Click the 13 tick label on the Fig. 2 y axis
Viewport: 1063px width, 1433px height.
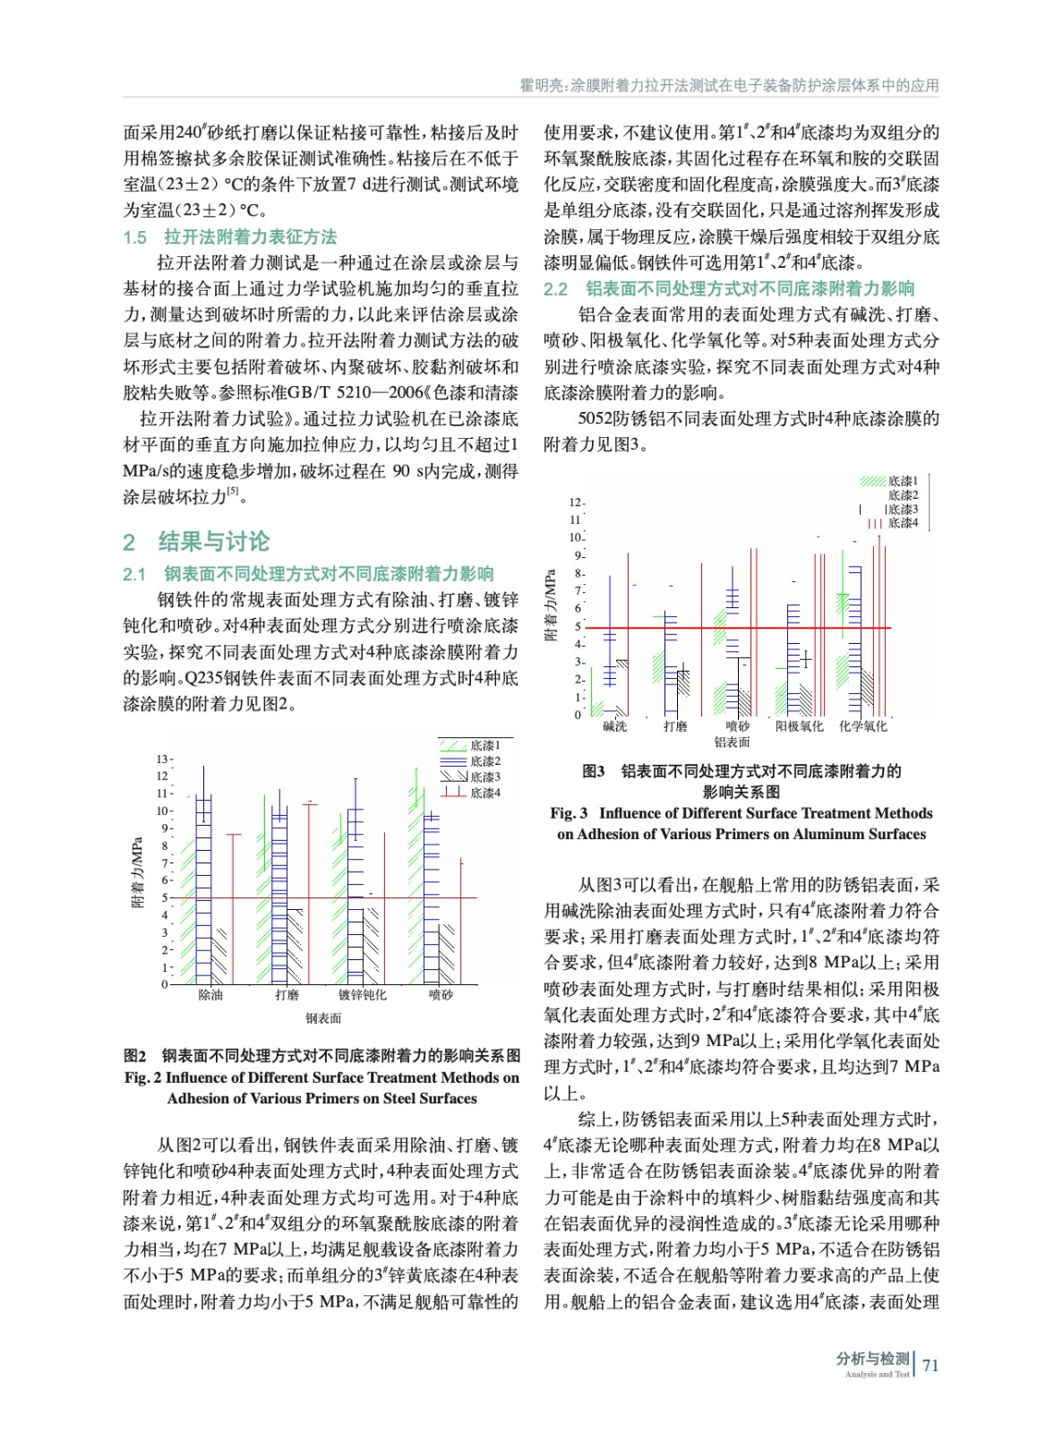tap(161, 759)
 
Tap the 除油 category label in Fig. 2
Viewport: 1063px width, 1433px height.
tap(210, 995)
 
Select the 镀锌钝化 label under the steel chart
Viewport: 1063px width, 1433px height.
tap(362, 995)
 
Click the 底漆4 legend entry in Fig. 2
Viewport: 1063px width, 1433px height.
tap(485, 793)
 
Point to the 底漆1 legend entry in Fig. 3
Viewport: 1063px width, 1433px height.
tap(903, 481)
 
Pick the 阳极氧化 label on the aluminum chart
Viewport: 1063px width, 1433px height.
tap(799, 726)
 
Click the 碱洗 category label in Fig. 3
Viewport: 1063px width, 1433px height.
tap(614, 726)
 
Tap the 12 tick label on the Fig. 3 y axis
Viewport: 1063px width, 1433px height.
tap(575, 502)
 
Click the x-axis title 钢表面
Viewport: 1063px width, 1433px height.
tap(323, 1018)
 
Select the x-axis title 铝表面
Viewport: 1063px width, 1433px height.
tap(732, 742)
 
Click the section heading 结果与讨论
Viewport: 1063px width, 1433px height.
tap(213, 541)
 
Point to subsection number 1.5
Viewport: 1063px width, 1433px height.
tap(135, 237)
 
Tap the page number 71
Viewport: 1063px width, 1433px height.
tap(930, 1366)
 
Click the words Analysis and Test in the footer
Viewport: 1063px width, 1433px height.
tap(876, 1375)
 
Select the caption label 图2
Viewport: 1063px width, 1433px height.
tap(135, 1056)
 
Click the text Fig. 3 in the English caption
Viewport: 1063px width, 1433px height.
tap(569, 813)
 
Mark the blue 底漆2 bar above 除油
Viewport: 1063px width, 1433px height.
tap(204, 887)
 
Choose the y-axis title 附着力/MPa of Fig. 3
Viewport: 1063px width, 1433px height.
tap(551, 605)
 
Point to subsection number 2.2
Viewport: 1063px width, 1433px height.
tap(556, 289)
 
